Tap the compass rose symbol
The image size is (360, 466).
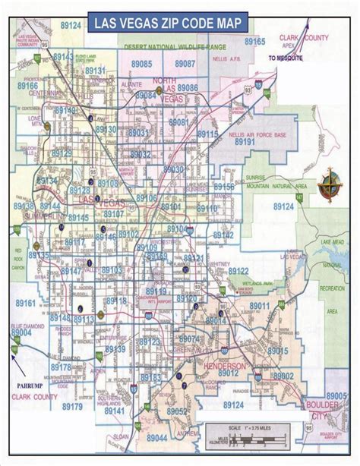point(331,181)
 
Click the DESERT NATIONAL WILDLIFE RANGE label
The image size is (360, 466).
point(169,48)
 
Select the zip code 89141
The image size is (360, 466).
point(115,410)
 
